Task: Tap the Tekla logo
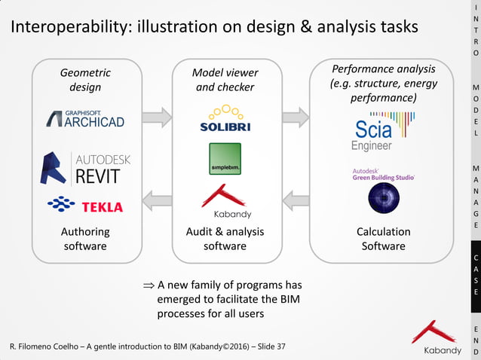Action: pyautogui.click(x=84, y=206)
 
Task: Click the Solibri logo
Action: pyautogui.click(x=225, y=120)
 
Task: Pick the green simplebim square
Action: pyautogui.click(x=225, y=159)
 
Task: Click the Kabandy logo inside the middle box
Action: pyautogui.click(x=225, y=202)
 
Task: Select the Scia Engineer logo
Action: pyautogui.click(x=382, y=130)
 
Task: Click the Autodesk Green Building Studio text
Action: pyautogui.click(x=383, y=175)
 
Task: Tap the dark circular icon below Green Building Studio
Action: pyautogui.click(x=383, y=198)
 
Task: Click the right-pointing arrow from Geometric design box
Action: pyautogui.click(x=157, y=117)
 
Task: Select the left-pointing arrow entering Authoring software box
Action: pyautogui.click(x=157, y=201)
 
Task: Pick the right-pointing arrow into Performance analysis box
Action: pyautogui.click(x=295, y=117)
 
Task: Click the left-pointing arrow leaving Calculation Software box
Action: pyautogui.click(x=295, y=201)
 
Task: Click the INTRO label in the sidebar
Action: pyautogui.click(x=475, y=30)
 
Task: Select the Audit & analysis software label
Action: pyautogui.click(x=225, y=239)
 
